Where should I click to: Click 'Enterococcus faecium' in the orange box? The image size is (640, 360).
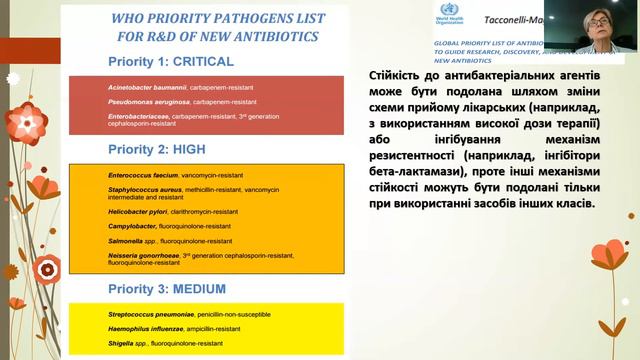pyautogui.click(x=143, y=175)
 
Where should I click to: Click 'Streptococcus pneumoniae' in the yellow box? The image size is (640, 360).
pyautogui.click(x=150, y=315)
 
